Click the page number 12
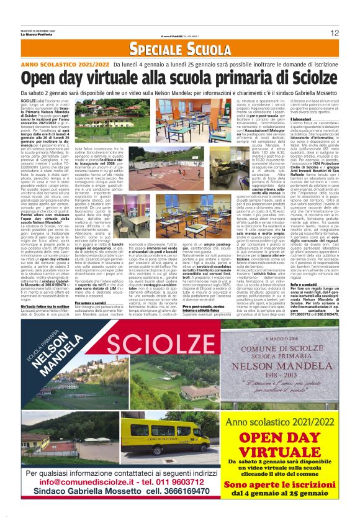point(335,32)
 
